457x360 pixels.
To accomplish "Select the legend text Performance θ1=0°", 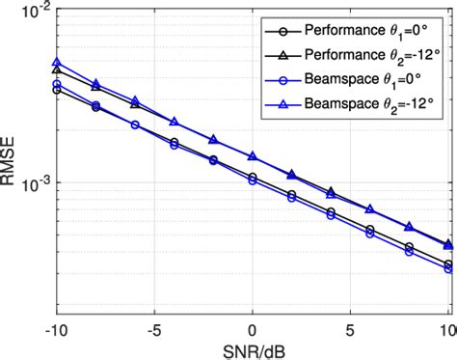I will [x=363, y=29].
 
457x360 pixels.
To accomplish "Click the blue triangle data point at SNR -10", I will [x=57, y=62].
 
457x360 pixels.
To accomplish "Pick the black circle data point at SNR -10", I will [x=57, y=90].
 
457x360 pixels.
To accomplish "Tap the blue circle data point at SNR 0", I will [x=253, y=180].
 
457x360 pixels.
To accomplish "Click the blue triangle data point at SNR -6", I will [x=135, y=100].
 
